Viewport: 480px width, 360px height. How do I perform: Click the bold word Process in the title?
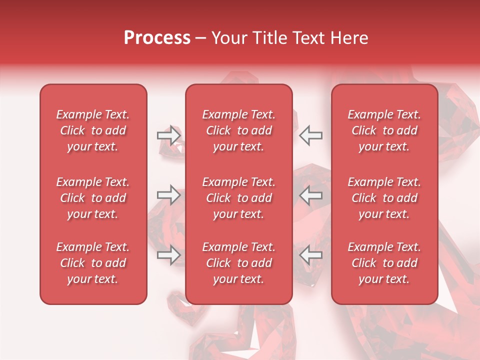click(157, 38)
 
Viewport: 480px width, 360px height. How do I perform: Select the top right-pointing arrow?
click(169, 135)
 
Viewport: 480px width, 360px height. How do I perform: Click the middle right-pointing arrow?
click(169, 195)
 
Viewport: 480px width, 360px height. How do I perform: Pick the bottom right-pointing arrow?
click(169, 255)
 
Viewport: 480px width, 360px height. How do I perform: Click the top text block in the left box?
click(93, 130)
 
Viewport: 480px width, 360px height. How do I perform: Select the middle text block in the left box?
click(93, 198)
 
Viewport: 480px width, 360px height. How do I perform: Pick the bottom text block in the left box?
click(93, 263)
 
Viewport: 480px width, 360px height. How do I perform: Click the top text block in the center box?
click(238, 130)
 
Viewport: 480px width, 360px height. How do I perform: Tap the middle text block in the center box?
click(238, 198)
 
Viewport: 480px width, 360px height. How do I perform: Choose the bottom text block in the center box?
click(238, 263)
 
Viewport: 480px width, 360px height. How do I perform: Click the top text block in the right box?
click(384, 130)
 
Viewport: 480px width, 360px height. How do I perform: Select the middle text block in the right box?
click(384, 198)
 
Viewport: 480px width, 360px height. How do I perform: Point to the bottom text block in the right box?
click(384, 263)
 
